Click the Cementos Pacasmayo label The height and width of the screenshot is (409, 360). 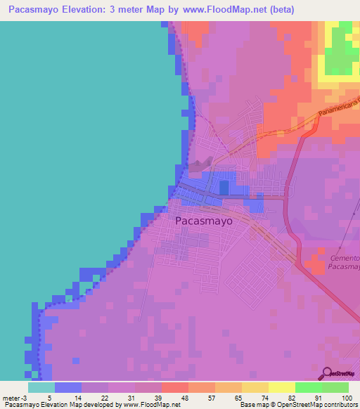pos(344,263)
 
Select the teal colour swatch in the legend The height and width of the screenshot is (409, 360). pos(41,387)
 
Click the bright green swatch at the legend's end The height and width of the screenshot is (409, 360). pos(335,387)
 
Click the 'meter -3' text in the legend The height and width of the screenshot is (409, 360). pos(15,397)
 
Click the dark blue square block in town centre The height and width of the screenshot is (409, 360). pos(224,187)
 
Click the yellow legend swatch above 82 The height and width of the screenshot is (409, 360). pos(281,387)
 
